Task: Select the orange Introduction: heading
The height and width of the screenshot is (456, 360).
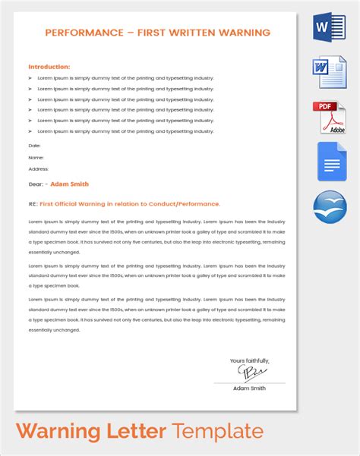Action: (x=49, y=67)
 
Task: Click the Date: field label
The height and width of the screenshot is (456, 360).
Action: (x=34, y=145)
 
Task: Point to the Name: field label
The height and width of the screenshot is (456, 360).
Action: (x=36, y=157)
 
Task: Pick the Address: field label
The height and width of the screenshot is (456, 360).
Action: (x=38, y=169)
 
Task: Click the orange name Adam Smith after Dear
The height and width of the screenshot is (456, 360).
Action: (x=70, y=184)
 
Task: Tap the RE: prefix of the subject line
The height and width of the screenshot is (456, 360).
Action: (x=33, y=203)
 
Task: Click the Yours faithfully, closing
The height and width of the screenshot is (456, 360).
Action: (x=250, y=360)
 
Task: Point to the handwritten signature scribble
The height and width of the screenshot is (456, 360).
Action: (x=250, y=373)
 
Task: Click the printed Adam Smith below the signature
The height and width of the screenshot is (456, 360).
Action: (x=250, y=388)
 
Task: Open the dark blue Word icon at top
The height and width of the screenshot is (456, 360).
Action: (x=329, y=27)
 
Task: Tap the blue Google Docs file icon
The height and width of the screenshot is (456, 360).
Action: (x=329, y=161)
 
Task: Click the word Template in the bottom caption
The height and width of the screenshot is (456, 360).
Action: (x=218, y=432)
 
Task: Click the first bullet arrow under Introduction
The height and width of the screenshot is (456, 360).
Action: (x=30, y=78)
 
